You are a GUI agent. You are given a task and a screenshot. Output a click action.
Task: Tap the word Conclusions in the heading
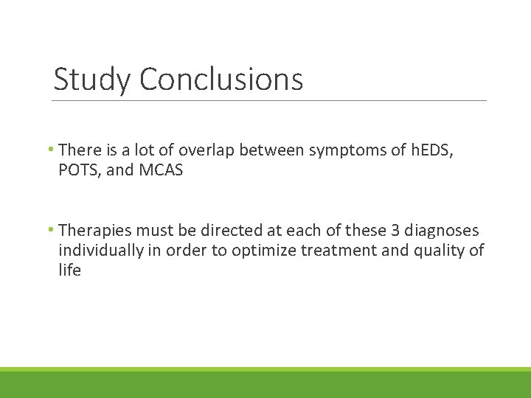[x=221, y=79]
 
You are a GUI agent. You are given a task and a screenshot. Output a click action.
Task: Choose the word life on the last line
[x=69, y=270]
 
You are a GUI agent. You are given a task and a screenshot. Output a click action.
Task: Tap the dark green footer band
[x=265, y=385]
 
